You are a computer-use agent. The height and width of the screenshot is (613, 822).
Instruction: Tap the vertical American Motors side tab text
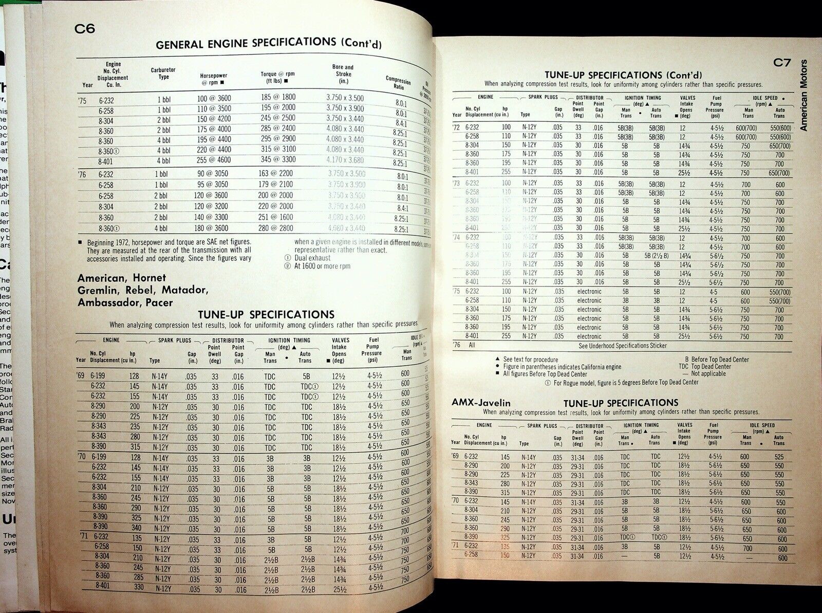[x=803, y=97]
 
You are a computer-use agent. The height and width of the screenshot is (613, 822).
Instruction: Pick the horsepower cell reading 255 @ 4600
[x=213, y=160]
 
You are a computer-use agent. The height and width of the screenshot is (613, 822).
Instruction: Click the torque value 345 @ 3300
[x=278, y=160]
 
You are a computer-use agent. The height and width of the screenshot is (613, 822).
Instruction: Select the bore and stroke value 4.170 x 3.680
[x=345, y=160]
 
